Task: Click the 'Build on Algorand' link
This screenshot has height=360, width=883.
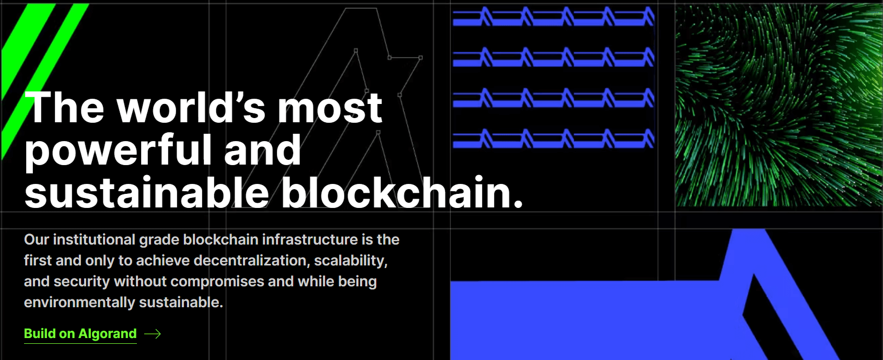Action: coord(80,333)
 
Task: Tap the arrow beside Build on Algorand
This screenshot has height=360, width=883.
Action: coord(153,334)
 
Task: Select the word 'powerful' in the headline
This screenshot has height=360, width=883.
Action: coord(118,150)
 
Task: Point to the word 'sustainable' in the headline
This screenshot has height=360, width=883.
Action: coord(147,192)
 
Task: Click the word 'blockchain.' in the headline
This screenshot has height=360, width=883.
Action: coord(402,192)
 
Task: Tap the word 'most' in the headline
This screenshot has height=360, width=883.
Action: coord(330,107)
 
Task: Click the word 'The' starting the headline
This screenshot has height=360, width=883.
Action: coord(65,107)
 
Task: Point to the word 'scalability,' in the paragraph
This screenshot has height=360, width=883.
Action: coord(351,261)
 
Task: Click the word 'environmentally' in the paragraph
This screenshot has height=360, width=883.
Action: coord(79,303)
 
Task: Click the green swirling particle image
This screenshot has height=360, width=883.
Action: coord(779,105)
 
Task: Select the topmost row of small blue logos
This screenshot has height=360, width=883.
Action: coord(554,17)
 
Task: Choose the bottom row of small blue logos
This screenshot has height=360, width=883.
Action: coord(554,138)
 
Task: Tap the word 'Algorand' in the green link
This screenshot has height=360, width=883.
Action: coord(108,333)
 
